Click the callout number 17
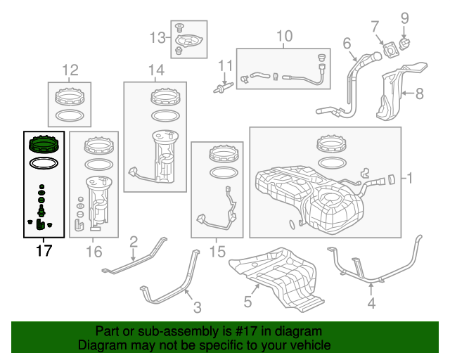point(44,250)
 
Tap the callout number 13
point(155,37)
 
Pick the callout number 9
point(404,18)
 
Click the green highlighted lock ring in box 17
point(44,146)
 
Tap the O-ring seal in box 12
point(69,114)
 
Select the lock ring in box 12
point(69,95)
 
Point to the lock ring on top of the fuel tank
point(334,146)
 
